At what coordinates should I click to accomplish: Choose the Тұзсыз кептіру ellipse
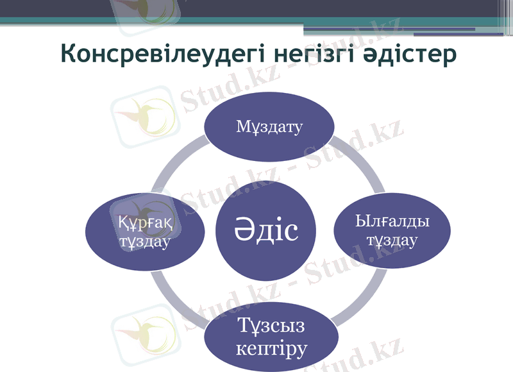(271, 337)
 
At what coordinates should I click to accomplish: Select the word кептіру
(271, 349)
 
